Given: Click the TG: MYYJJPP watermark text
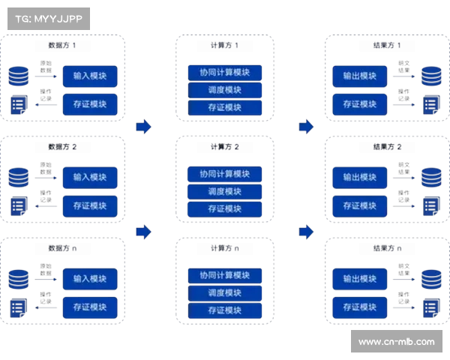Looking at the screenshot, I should [x=47, y=19].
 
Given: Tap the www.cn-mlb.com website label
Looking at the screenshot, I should [x=396, y=342].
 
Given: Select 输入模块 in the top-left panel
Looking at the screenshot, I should [x=89, y=76].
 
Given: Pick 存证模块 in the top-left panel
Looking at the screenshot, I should [x=89, y=103].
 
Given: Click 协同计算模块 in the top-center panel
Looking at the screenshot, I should [x=224, y=73].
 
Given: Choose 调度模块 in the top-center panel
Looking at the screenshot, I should [x=224, y=90].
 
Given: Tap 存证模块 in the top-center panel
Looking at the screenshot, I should [x=224, y=107].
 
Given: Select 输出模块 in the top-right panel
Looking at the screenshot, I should [x=359, y=76].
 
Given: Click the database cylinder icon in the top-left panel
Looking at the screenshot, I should [x=19, y=76].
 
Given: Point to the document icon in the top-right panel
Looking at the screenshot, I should [x=430, y=105].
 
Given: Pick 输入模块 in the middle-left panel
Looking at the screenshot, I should [x=89, y=177].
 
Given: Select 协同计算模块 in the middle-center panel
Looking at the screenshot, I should [x=224, y=174].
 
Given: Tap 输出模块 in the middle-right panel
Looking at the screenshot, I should [x=359, y=177].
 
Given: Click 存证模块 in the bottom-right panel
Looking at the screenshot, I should [x=359, y=306].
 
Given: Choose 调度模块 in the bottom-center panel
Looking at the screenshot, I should [x=224, y=292].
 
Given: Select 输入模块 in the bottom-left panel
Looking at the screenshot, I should [x=89, y=278].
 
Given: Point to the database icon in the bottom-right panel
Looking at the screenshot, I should [x=430, y=279].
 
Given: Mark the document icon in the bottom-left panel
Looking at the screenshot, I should [x=18, y=307].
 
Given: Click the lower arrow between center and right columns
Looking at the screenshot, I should [x=304, y=232].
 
